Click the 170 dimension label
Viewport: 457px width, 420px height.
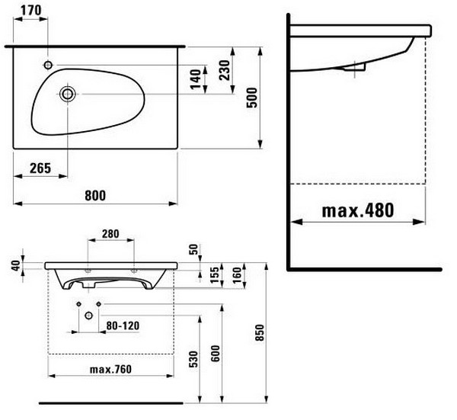(31, 10)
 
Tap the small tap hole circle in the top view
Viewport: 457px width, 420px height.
(48, 65)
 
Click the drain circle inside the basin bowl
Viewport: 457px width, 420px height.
(67, 94)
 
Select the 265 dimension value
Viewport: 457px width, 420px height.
(40, 168)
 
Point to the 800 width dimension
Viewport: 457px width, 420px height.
(95, 195)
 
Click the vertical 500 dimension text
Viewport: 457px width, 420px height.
(252, 98)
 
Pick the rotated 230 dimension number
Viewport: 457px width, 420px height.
(225, 70)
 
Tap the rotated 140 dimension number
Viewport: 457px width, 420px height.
(196, 79)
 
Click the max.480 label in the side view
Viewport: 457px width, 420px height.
(358, 210)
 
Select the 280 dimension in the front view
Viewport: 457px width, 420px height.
(110, 233)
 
